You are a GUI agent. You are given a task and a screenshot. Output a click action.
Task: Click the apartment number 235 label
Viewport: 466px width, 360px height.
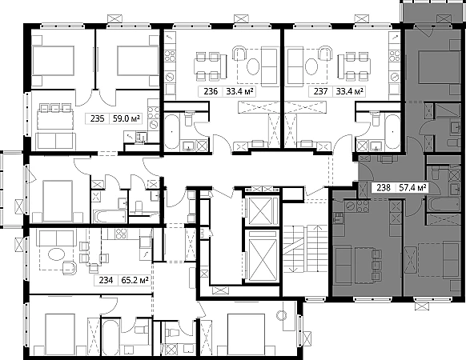[x=98, y=119]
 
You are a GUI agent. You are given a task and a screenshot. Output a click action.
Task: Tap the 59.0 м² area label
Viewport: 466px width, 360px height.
[x=126, y=119]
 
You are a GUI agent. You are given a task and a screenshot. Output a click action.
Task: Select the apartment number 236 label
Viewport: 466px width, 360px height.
[x=211, y=91]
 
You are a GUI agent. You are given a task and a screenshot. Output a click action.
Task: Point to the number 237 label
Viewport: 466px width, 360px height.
[x=320, y=91]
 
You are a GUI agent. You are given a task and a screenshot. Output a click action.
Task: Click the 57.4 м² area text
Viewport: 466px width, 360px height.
[x=413, y=188]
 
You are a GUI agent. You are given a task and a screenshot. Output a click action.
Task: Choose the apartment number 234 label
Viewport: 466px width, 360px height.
[x=106, y=280]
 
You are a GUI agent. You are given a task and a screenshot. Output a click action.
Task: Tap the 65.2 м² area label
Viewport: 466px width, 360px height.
[x=135, y=280]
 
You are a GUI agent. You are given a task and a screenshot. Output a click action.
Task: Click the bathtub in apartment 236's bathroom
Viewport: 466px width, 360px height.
[x=172, y=131]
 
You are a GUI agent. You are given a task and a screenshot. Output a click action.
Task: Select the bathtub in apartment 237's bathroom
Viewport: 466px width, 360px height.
[x=393, y=131]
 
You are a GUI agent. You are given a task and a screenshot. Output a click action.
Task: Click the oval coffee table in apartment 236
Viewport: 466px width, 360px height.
[x=253, y=66]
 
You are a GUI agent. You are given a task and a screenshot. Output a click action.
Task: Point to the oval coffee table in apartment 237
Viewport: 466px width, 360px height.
[x=311, y=66]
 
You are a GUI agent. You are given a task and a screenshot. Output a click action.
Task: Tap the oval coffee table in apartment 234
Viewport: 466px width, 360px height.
[x=57, y=255]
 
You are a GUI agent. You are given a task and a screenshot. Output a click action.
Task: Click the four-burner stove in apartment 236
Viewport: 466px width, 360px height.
[x=171, y=56]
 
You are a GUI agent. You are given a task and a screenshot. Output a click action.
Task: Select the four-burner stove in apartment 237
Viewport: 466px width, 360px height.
[x=395, y=56]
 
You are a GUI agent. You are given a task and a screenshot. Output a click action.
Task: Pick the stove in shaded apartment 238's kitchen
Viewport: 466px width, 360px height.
[x=363, y=206]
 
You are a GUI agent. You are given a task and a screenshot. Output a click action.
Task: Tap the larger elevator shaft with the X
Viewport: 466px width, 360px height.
[x=262, y=255]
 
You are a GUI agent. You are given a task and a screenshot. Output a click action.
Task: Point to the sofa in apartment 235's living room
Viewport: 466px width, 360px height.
[x=55, y=141]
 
